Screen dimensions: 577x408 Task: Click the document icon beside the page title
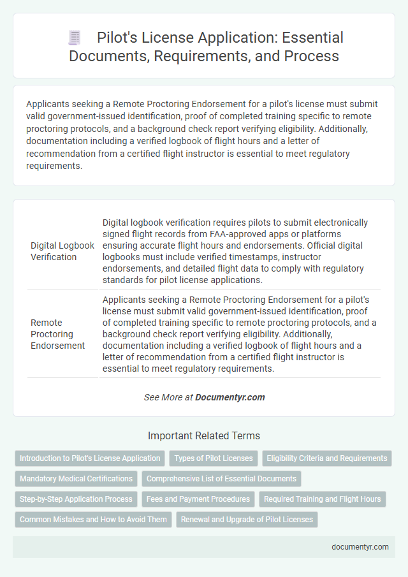pos(75,38)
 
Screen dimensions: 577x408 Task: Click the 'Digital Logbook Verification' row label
pos(62,251)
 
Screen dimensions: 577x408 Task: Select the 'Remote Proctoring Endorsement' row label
pos(57,334)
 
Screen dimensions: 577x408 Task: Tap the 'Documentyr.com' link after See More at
pos(229,397)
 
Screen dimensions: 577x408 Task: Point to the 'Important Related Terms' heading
pos(203,436)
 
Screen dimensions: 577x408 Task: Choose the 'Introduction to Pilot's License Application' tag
pos(90,458)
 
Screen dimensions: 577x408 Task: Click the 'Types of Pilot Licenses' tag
pos(214,458)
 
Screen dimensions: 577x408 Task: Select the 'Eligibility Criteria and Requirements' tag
pos(327,458)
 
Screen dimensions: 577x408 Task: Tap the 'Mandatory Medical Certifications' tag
pos(76,478)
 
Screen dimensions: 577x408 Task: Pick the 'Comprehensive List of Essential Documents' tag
pos(222,478)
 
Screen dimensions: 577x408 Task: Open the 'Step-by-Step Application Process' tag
pos(76,499)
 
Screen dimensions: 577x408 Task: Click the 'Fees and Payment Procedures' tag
pos(198,499)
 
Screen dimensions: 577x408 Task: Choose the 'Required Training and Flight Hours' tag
pos(322,499)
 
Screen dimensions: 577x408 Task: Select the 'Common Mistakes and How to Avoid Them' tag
pos(93,519)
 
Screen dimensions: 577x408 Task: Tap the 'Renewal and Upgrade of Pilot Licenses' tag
pos(247,519)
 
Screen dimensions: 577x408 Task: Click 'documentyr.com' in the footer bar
pos(360,546)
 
